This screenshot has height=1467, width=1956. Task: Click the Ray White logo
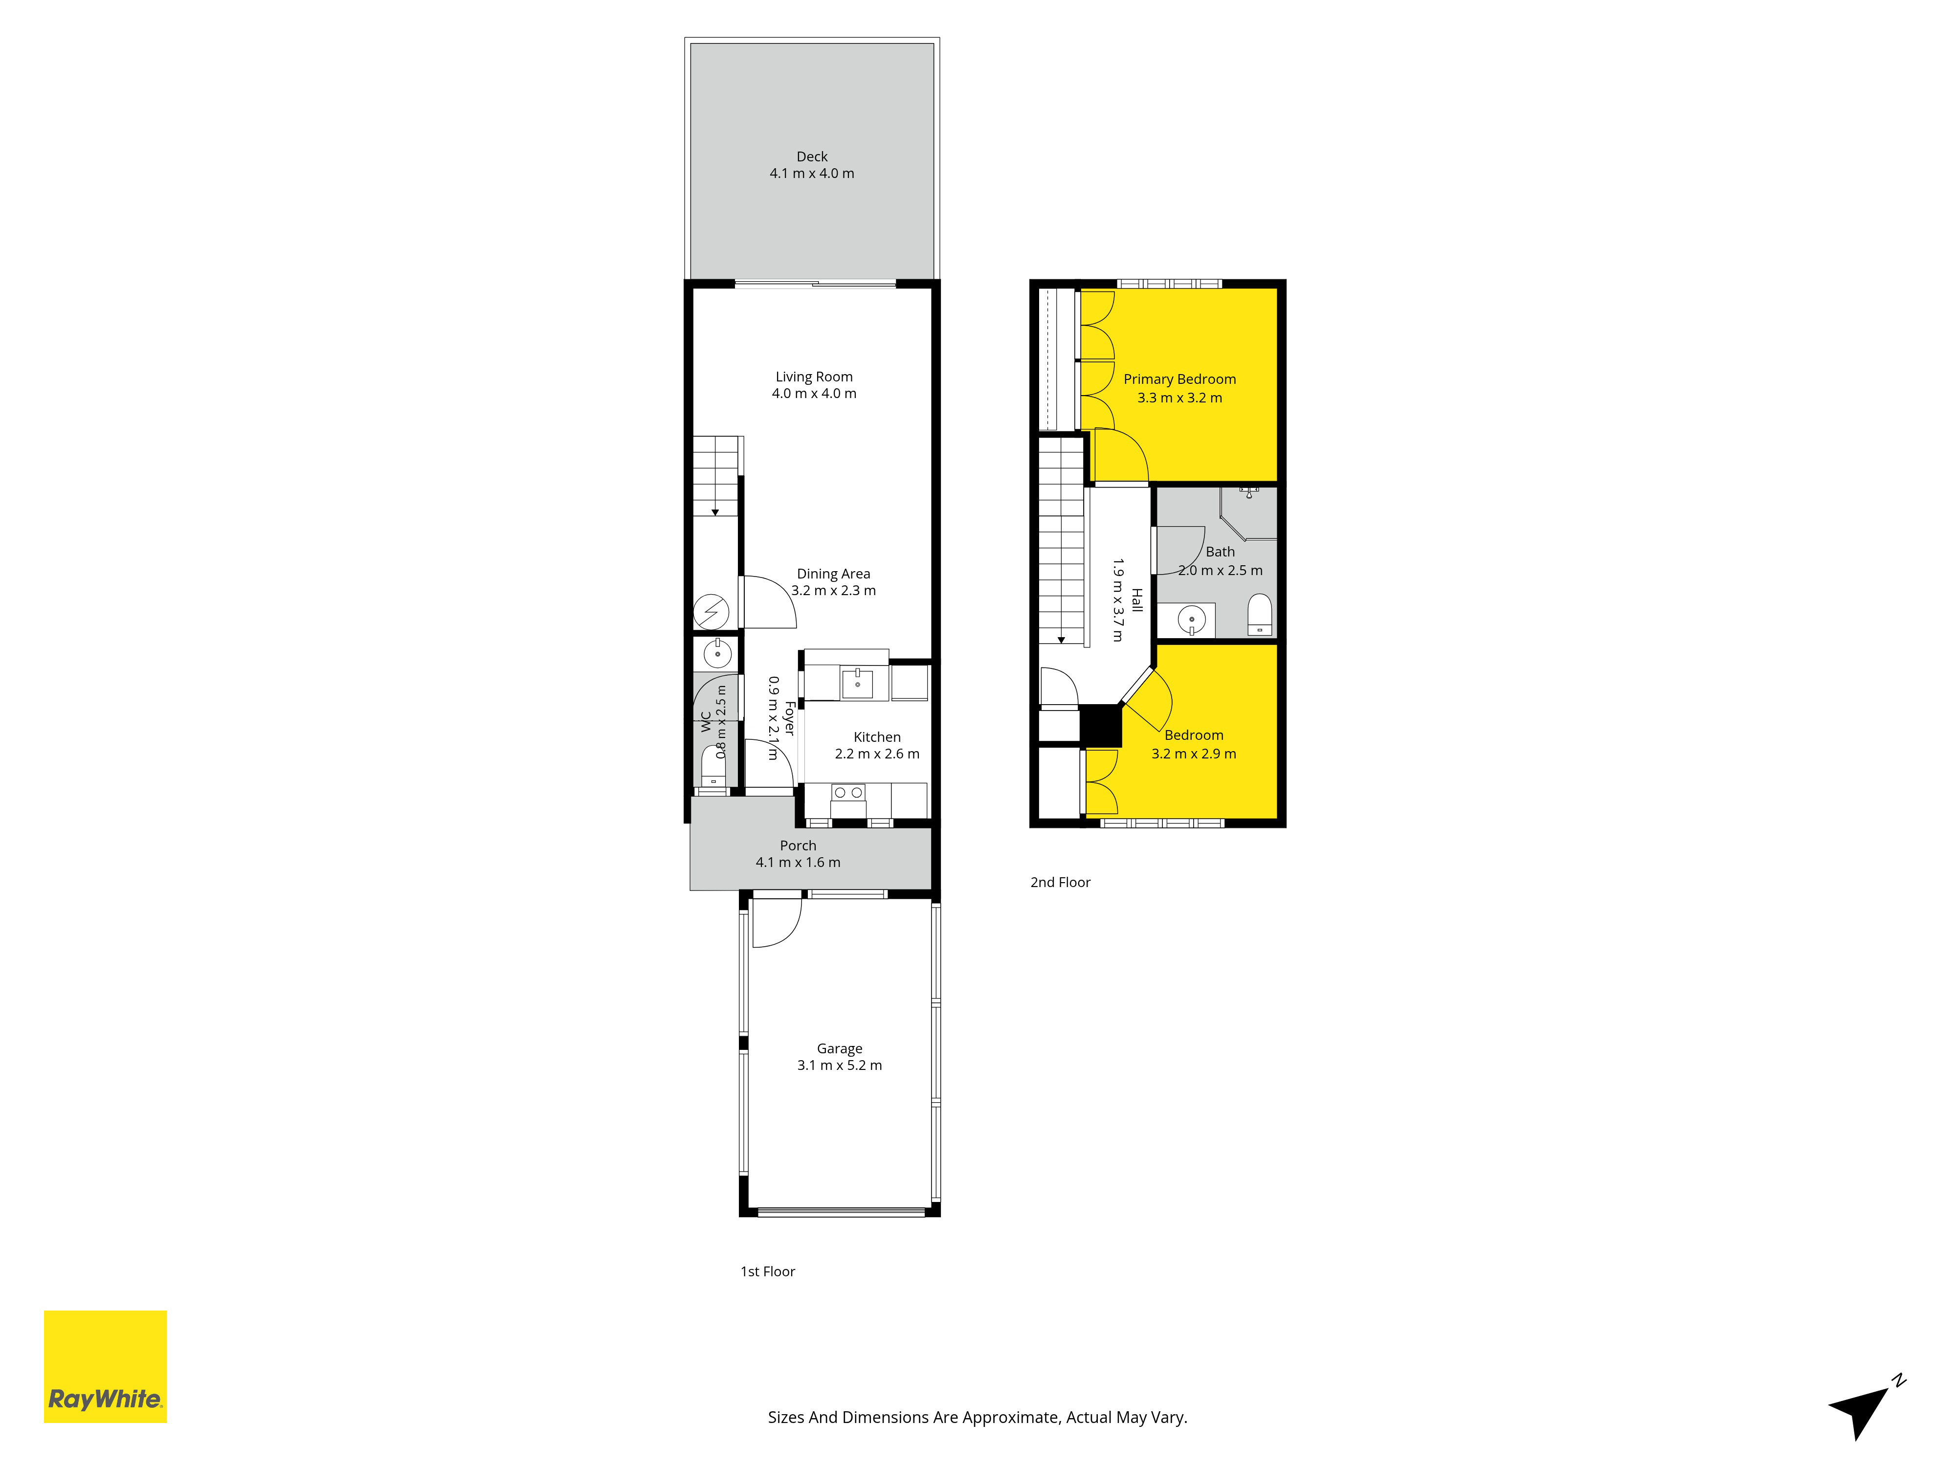pos(105,1366)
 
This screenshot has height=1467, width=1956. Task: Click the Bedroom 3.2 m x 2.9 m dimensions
pos(1194,754)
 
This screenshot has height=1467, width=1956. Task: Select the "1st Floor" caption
pos(768,1271)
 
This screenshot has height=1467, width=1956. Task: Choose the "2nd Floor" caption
pos(1060,883)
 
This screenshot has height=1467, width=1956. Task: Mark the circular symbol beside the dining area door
pos(711,612)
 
